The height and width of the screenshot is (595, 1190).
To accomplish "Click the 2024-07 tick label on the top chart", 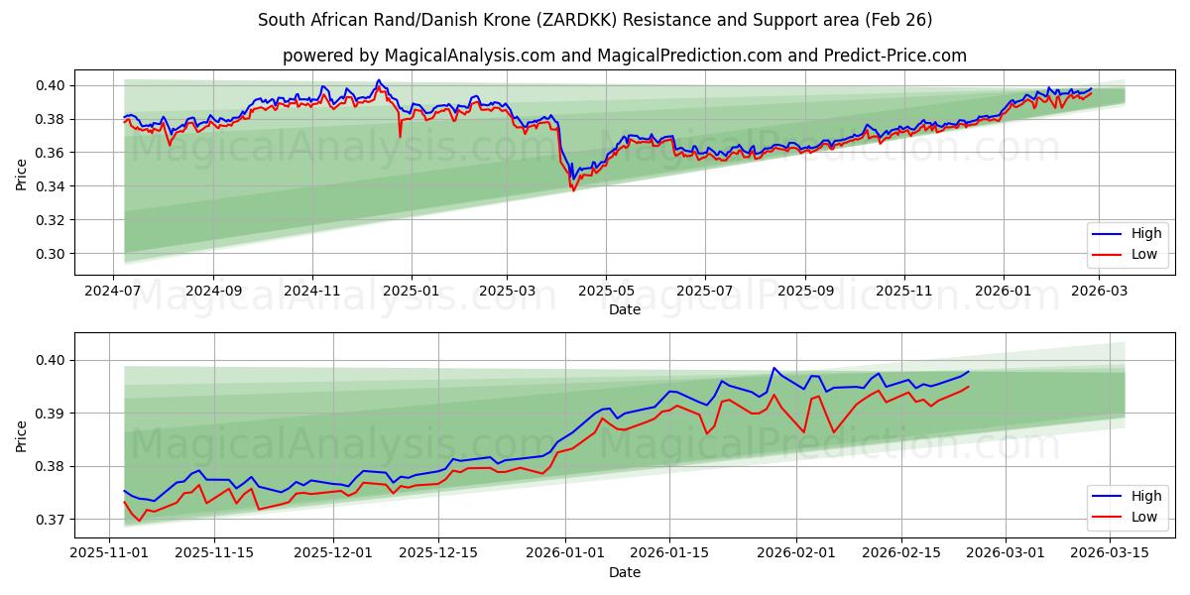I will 114,293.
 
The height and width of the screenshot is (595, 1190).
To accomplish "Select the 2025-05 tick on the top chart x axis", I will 606,293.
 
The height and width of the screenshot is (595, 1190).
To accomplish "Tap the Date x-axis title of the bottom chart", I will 625,572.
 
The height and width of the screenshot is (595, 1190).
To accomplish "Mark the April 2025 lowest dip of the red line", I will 573,190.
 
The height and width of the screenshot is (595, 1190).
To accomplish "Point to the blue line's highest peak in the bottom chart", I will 773,368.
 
